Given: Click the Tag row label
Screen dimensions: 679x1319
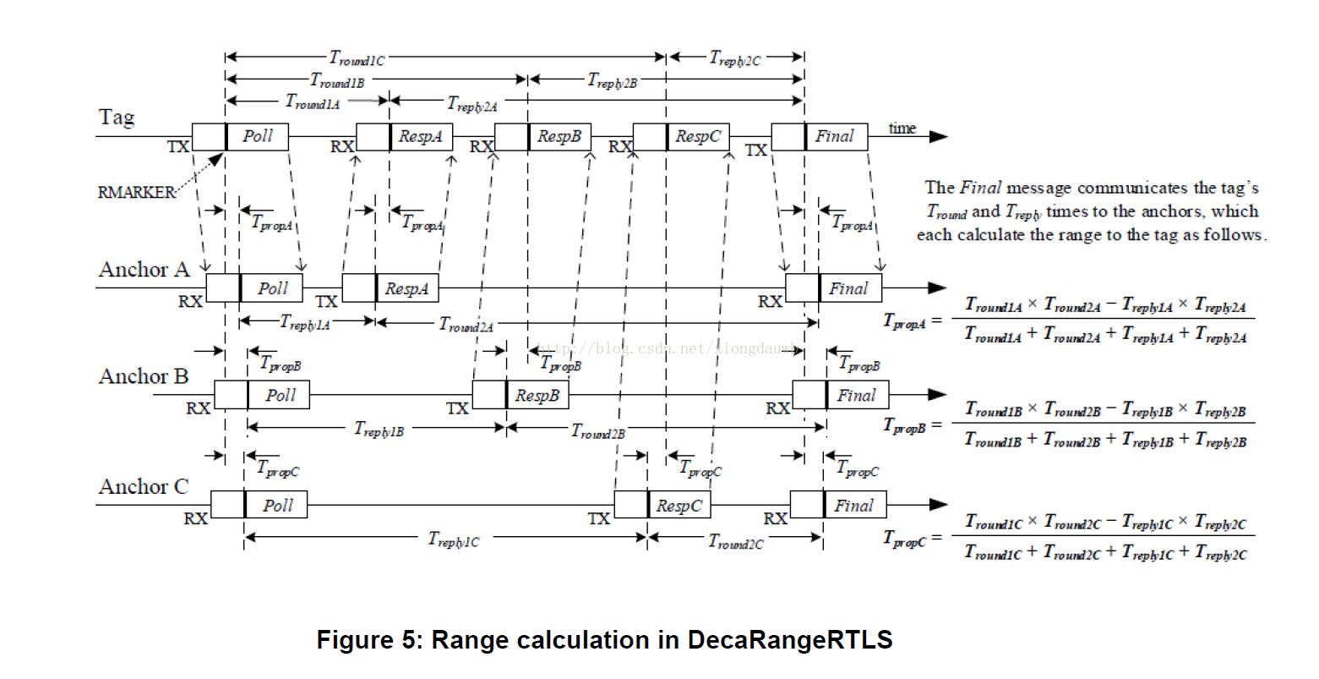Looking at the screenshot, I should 117,117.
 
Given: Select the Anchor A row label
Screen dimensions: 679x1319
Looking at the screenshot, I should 144,270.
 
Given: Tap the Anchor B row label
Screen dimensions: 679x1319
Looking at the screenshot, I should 143,376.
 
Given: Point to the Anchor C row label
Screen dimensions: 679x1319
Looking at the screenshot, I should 143,487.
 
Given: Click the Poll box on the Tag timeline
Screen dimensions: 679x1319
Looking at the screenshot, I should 257,136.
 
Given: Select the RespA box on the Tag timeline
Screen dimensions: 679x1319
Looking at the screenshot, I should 420,136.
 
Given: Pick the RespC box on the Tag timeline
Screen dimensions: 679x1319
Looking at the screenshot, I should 697,136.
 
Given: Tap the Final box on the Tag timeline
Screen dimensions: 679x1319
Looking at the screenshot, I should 834,136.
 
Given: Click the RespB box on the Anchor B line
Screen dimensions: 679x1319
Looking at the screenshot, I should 537,395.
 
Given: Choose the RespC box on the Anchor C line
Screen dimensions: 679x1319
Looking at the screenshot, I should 679,506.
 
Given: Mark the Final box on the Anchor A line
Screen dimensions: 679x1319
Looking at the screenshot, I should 848,288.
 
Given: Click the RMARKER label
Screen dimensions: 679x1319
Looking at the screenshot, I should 135,192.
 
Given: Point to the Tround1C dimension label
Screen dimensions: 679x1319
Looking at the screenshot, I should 357,58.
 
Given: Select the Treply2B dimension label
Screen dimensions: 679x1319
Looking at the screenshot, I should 612,81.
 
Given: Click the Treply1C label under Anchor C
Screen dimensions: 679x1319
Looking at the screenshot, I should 453,539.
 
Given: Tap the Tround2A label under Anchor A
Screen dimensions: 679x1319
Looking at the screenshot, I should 466,324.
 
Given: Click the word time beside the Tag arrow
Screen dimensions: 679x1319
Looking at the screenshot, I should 902,129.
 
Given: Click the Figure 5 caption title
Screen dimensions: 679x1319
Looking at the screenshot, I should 604,640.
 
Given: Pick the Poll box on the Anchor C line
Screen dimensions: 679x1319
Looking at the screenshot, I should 276,506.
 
